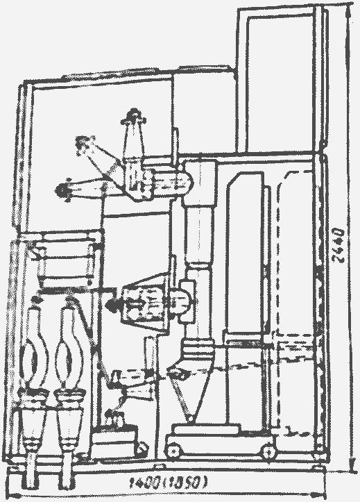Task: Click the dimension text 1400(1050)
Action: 169,483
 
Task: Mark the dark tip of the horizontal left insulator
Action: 61,190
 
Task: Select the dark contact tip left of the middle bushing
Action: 112,305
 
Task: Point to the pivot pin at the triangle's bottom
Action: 190,418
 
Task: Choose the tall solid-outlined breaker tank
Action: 246,253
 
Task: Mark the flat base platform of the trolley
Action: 207,429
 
